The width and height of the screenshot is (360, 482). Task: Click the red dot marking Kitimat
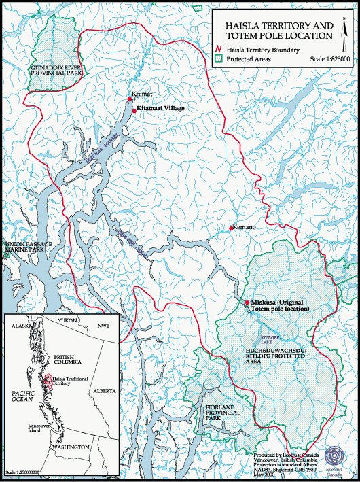coord(130,99)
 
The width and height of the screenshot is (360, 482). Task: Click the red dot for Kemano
coord(231,228)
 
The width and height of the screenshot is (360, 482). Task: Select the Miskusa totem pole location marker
coord(246,302)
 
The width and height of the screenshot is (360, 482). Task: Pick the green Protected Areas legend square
coord(219,59)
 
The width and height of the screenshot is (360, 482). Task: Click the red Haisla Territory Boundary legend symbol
coord(219,50)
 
